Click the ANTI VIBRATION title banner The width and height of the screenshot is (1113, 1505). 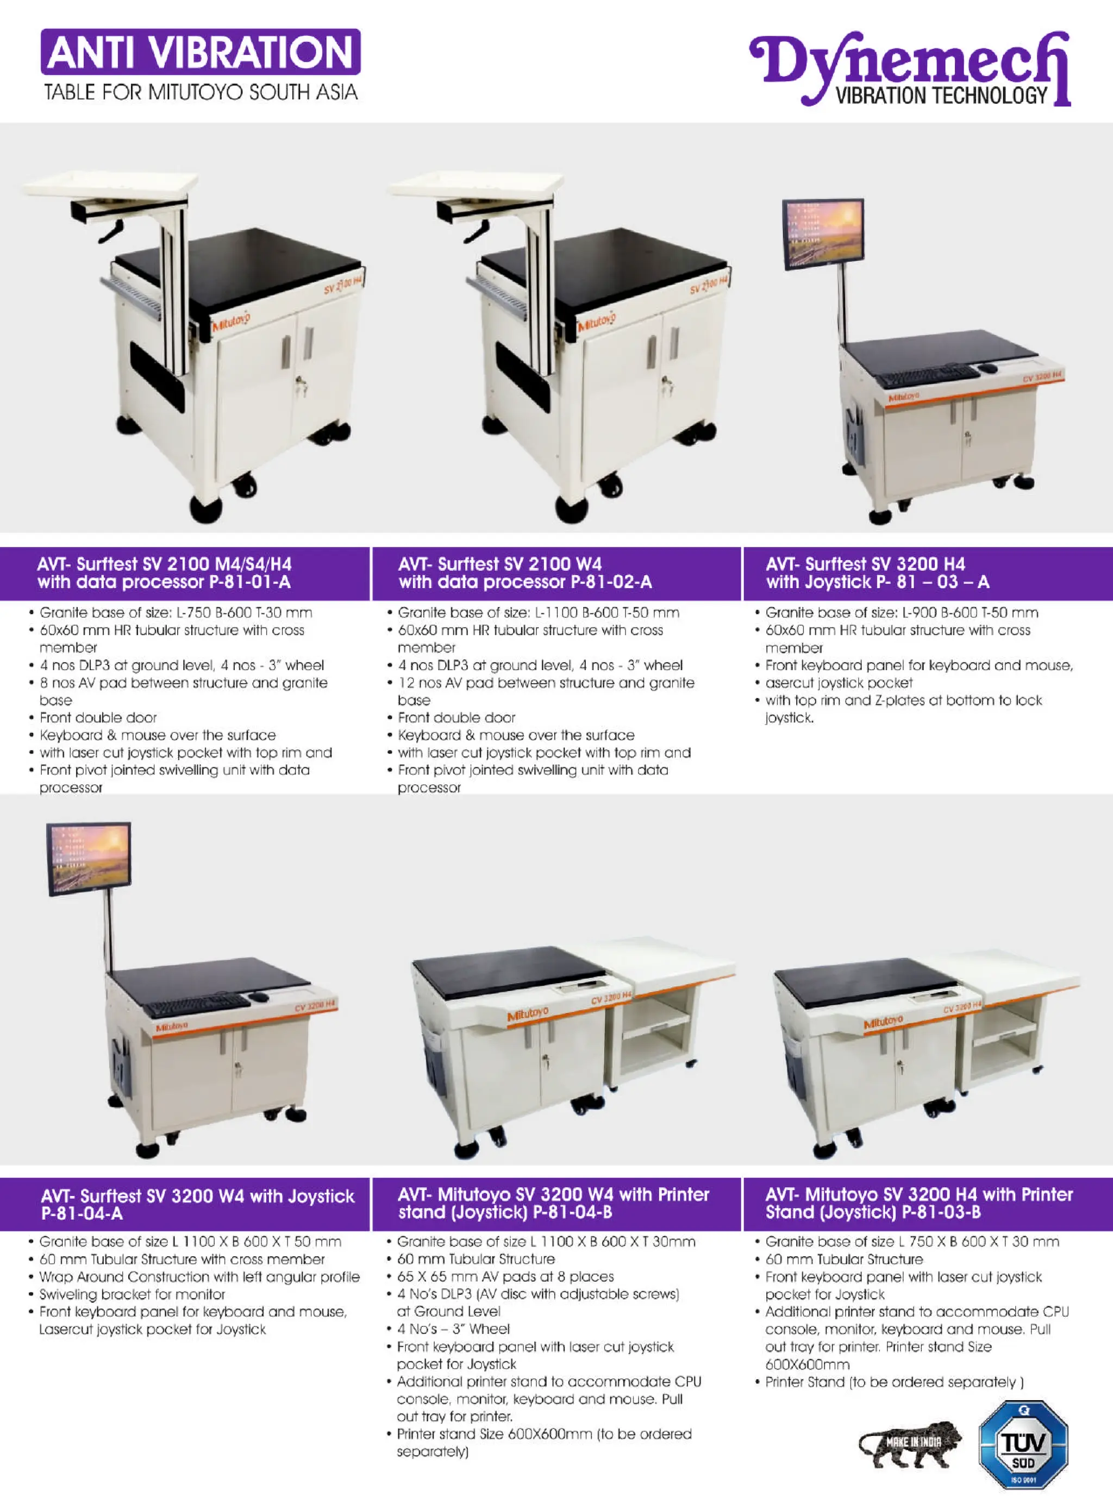[200, 52]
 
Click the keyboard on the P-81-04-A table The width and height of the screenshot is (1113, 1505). [197, 1004]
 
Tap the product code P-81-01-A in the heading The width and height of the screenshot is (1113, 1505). [250, 582]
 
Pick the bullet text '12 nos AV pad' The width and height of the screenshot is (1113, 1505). [546, 683]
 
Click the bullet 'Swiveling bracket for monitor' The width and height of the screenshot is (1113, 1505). [132, 1294]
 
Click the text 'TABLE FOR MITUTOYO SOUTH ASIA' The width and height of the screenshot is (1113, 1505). [201, 92]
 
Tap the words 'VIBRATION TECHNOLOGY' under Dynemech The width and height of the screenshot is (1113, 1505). [942, 96]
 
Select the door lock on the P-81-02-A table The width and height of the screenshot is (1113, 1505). [668, 385]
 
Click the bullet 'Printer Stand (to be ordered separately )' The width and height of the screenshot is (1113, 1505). [894, 1382]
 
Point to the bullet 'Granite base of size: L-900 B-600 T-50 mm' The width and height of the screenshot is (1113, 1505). [902, 613]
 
